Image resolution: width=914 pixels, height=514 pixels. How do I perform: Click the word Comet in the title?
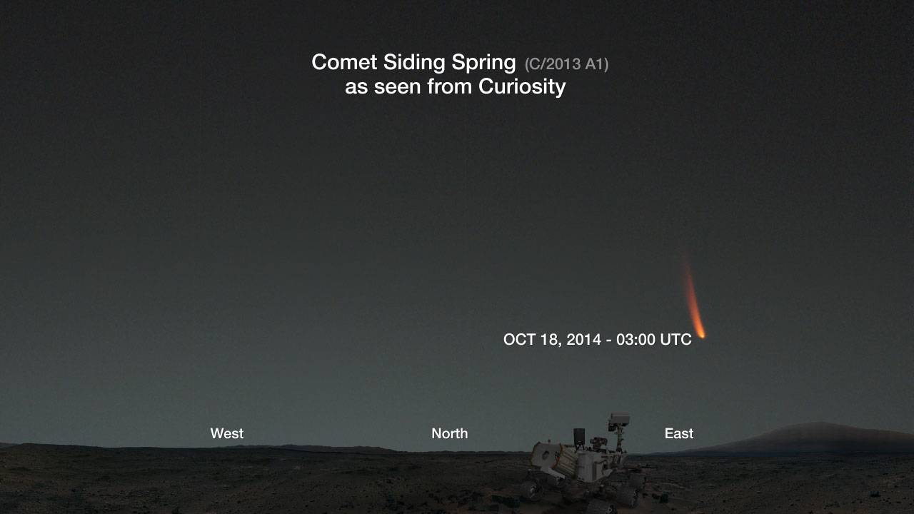344,62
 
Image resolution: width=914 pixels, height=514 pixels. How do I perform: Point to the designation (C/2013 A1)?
566,64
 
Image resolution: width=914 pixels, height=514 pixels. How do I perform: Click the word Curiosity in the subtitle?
522,87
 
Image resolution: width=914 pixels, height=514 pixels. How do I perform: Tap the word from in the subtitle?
450,87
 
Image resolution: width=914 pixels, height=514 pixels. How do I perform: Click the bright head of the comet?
702,335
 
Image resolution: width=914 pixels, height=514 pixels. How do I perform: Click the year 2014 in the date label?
583,339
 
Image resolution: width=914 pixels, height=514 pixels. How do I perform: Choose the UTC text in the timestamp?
676,339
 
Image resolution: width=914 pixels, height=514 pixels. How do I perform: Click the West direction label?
227,433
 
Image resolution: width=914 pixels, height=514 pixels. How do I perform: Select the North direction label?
450,433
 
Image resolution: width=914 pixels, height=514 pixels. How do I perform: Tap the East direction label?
679,433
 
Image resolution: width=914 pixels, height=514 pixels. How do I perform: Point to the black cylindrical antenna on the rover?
579,436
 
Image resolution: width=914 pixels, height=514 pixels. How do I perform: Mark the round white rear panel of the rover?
545,455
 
